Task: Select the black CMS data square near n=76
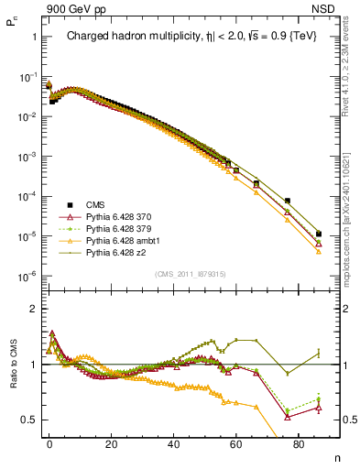pyautogui.click(x=287, y=201)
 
